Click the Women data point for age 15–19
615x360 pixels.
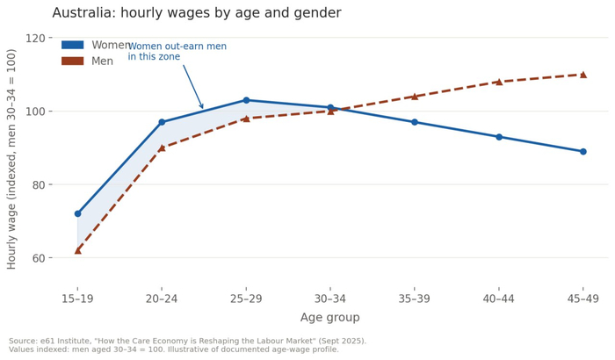click(x=77, y=213)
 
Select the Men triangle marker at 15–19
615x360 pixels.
click(x=77, y=250)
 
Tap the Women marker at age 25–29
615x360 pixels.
click(x=246, y=100)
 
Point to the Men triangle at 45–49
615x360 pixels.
click(x=583, y=75)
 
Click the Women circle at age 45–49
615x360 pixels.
click(x=583, y=152)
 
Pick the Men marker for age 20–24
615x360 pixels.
click(x=162, y=148)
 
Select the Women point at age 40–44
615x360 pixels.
click(x=499, y=137)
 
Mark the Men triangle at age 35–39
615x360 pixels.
click(x=415, y=97)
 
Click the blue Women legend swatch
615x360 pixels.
click(x=73, y=45)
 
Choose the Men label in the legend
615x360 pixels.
click(x=103, y=61)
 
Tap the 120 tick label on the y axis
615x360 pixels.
click(x=36, y=38)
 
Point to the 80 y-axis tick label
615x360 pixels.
click(x=39, y=184)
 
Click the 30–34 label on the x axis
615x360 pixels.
click(x=330, y=299)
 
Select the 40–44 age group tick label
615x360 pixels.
click(x=498, y=299)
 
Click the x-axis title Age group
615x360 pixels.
click(x=329, y=317)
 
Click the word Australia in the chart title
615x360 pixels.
click(x=83, y=12)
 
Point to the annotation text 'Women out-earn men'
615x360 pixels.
click(x=177, y=47)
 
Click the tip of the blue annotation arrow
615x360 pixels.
click(x=203, y=108)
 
